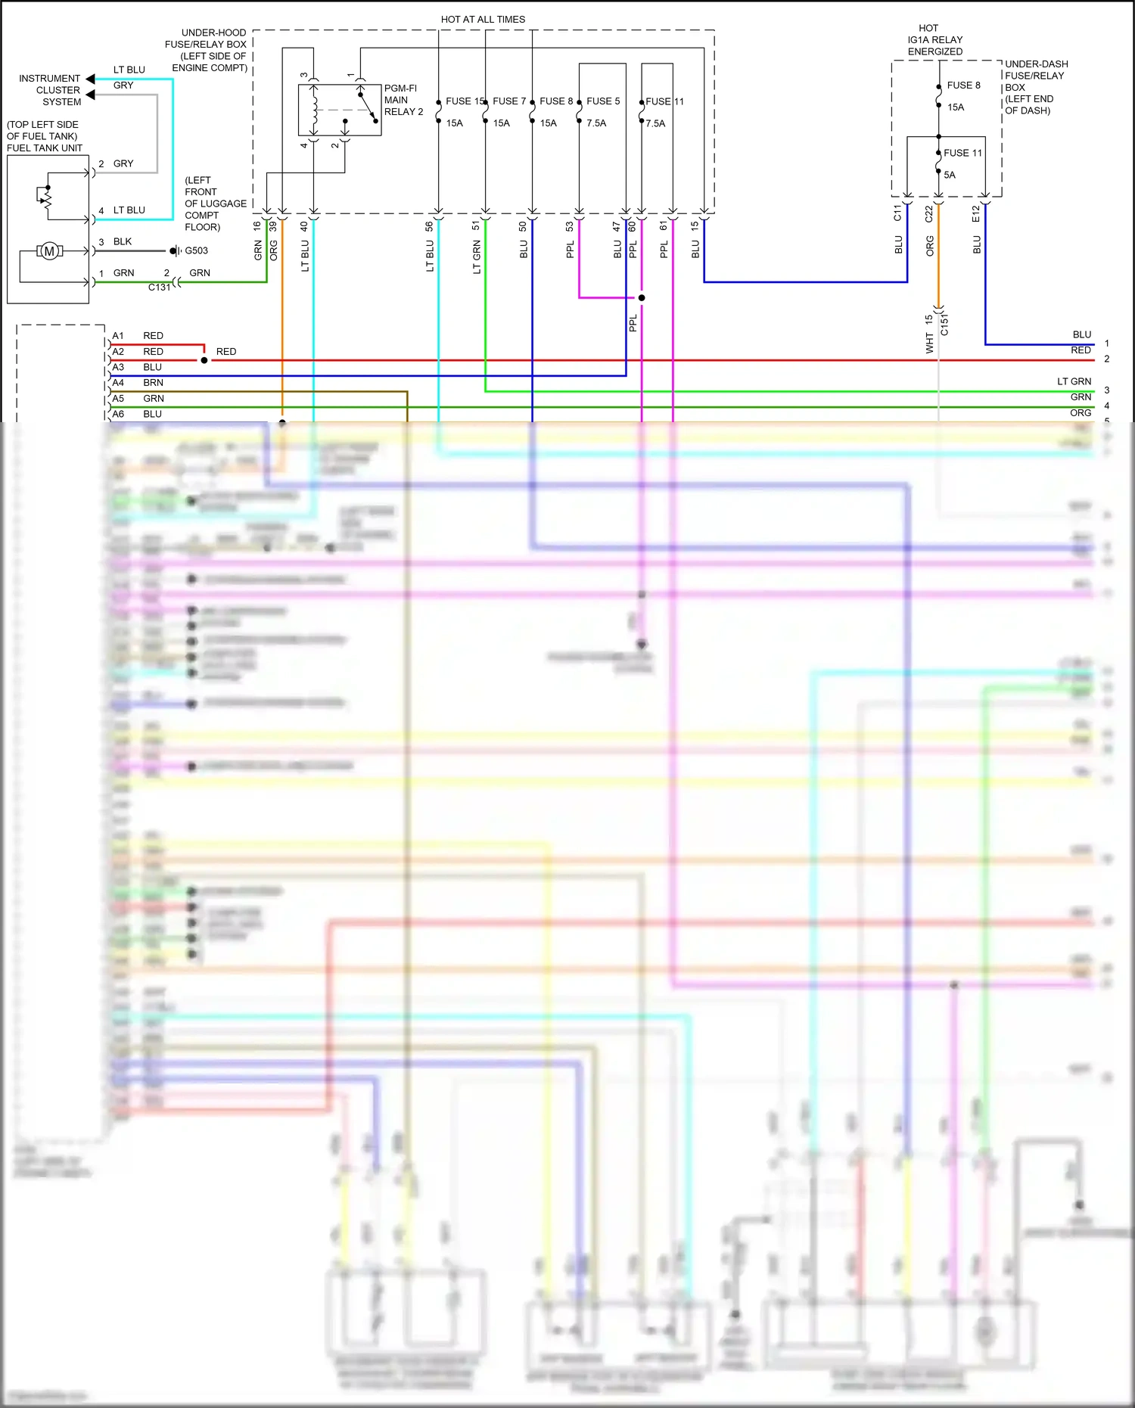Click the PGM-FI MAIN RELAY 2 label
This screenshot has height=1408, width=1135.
[403, 100]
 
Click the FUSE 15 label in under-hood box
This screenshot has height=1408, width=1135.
[464, 101]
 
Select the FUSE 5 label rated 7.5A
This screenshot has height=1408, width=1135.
[602, 101]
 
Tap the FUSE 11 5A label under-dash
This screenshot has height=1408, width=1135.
[962, 153]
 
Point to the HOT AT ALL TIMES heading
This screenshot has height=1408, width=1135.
[483, 20]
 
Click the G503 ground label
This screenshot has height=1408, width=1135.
[196, 250]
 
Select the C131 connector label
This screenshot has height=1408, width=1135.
[159, 288]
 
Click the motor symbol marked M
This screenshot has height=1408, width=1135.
[50, 251]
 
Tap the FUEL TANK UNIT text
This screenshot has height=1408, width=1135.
[45, 148]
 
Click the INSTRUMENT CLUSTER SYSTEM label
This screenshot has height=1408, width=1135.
[50, 90]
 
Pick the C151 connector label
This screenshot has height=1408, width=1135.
[944, 324]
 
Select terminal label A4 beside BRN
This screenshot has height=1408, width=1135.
[118, 383]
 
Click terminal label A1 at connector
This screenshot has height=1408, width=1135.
[118, 336]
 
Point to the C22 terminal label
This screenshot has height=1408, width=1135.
[929, 214]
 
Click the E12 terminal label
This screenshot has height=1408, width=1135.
[976, 214]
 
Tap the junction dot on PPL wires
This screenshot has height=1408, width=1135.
[642, 297]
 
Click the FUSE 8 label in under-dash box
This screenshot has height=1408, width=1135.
[963, 85]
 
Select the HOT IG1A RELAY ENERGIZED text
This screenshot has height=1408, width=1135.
[934, 40]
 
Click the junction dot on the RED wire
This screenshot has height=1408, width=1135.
[204, 360]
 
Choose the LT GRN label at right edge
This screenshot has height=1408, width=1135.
[1074, 381]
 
